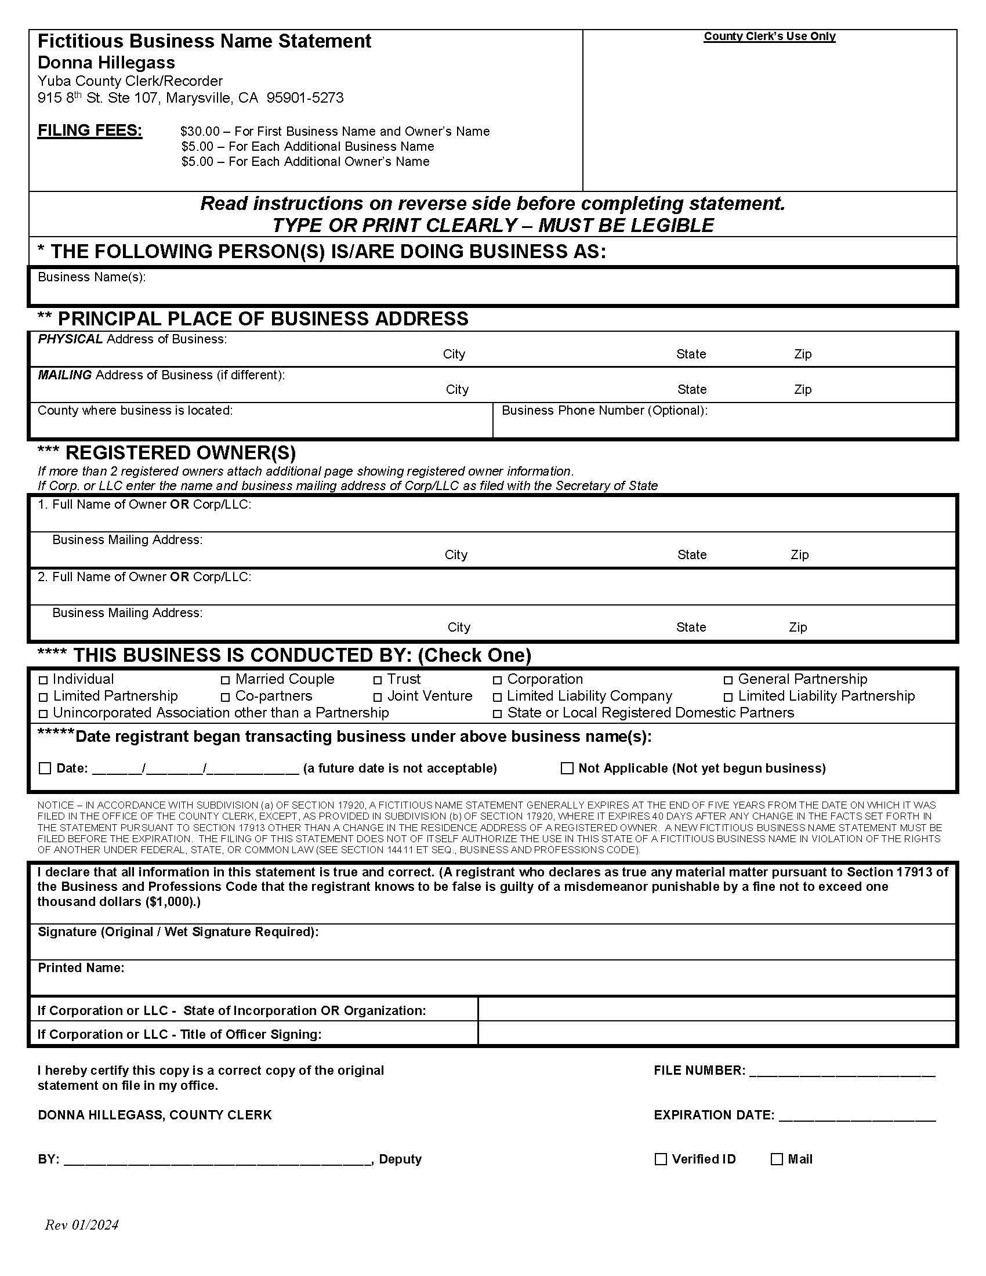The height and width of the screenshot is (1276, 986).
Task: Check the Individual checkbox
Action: click(43, 680)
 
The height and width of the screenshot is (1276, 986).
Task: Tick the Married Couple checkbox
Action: click(225, 680)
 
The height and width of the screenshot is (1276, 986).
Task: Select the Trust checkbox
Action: click(378, 680)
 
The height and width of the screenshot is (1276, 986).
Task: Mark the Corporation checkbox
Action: click(497, 680)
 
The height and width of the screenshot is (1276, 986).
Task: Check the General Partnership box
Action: click(728, 680)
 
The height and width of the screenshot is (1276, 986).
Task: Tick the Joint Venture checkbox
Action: click(378, 697)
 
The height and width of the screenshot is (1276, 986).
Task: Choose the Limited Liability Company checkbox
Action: click(497, 697)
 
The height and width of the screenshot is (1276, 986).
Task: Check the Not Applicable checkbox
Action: click(567, 768)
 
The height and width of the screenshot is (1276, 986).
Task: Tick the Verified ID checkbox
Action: click(661, 1159)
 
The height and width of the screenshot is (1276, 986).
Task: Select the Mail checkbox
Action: click(776, 1159)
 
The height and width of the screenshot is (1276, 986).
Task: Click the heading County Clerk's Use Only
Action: click(769, 36)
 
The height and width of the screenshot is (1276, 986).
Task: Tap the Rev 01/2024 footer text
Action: click(82, 1225)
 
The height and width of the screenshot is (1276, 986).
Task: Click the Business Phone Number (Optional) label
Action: click(604, 411)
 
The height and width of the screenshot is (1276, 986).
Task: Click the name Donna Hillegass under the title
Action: click(106, 63)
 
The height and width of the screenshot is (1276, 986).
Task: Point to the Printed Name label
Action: click(81, 968)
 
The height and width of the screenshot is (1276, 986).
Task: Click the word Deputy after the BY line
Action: click(400, 1159)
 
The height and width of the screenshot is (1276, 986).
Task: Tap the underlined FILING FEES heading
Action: click(90, 130)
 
